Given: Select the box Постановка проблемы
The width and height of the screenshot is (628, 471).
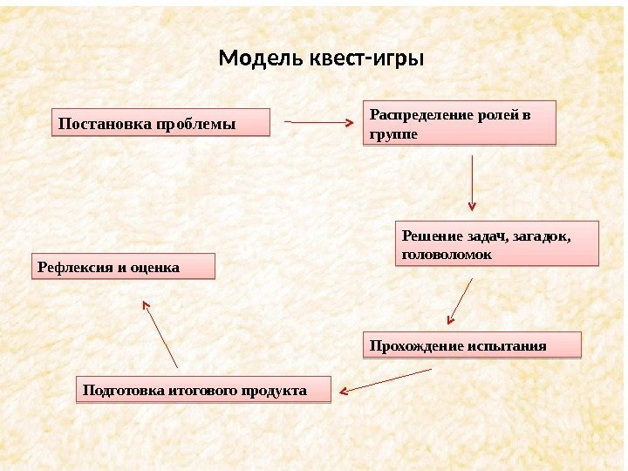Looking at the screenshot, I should (161, 123).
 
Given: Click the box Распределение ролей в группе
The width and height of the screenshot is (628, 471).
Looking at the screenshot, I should (459, 124).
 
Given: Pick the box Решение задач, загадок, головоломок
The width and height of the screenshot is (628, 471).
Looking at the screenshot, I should (498, 243).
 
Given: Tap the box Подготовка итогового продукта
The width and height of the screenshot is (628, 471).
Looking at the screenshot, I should (205, 389).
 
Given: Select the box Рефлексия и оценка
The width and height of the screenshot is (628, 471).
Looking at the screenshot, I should (123, 267).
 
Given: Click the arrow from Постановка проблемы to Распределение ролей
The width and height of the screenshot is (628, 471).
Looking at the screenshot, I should (319, 123).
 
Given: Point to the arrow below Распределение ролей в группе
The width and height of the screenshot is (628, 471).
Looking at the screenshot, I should (472, 183).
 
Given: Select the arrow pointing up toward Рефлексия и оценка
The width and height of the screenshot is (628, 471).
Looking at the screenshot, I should (160, 332).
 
